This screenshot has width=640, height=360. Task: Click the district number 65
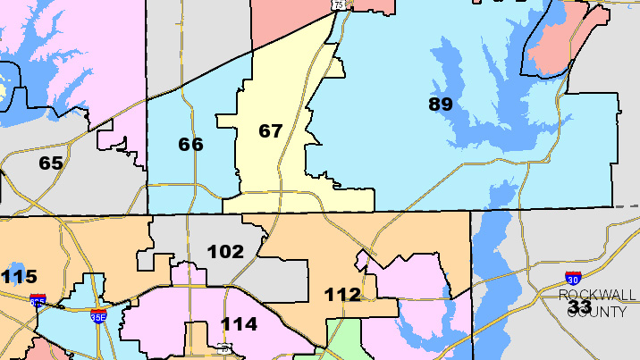(51, 163)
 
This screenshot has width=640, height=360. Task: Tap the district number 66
(190, 144)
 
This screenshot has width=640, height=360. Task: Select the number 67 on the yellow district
(270, 131)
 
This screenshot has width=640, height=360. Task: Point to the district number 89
(440, 104)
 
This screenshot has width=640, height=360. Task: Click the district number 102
(225, 252)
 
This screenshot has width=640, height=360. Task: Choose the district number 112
(342, 294)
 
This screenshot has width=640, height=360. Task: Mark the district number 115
(19, 277)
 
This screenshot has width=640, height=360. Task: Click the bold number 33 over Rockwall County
(579, 307)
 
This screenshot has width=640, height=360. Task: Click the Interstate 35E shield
(98, 315)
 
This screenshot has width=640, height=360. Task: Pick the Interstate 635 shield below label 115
(38, 301)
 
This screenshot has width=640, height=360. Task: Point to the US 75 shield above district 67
(339, 4)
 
